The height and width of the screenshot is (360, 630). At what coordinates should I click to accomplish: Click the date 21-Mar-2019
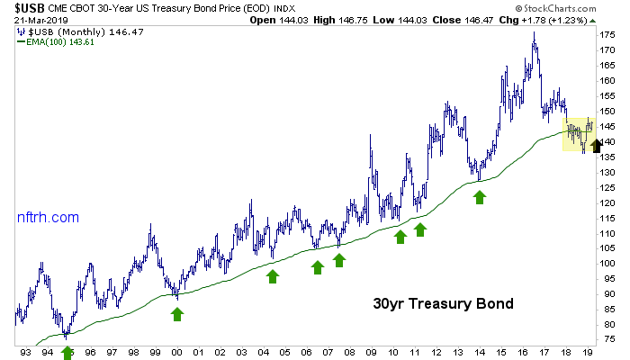click(32, 21)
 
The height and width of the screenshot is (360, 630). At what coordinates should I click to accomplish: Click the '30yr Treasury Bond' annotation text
click(443, 303)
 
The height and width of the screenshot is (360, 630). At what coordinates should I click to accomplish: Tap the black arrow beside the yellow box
click(595, 142)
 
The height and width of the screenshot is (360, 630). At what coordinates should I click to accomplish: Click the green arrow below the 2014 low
click(480, 195)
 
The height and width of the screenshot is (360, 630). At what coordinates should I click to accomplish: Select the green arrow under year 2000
click(177, 313)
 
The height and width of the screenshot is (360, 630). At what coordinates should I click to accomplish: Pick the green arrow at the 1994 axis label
click(67, 352)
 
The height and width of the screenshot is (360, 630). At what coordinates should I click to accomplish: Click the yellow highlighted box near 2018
click(577, 133)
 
